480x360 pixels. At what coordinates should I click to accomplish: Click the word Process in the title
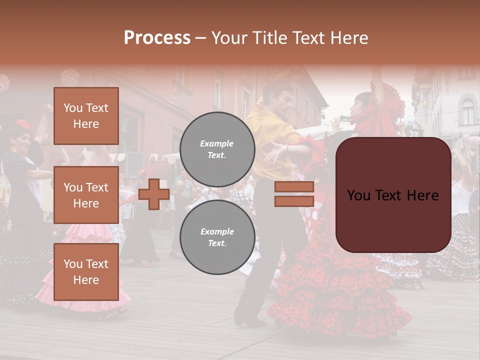[x=157, y=37]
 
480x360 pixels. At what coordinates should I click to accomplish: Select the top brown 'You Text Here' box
[x=86, y=116]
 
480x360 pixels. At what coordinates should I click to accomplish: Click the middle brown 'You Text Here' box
[x=86, y=195]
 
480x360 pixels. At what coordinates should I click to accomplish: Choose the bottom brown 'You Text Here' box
[x=86, y=271]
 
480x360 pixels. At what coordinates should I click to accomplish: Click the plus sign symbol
[x=154, y=194]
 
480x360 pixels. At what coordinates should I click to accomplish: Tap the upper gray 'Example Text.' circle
[x=217, y=149]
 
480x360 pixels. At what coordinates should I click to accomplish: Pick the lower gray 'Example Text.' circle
[x=217, y=237]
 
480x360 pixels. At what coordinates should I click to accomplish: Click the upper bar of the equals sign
[x=294, y=186]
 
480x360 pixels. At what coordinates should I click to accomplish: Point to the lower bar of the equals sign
[x=294, y=201]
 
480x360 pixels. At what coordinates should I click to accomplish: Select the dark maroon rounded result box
[x=393, y=195]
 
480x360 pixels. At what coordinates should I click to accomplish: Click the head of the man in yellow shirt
[x=276, y=97]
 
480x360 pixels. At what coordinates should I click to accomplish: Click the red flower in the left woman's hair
[x=22, y=124]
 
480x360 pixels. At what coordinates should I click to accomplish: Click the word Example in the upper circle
[x=217, y=143]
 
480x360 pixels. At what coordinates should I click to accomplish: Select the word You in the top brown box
[x=72, y=108]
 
